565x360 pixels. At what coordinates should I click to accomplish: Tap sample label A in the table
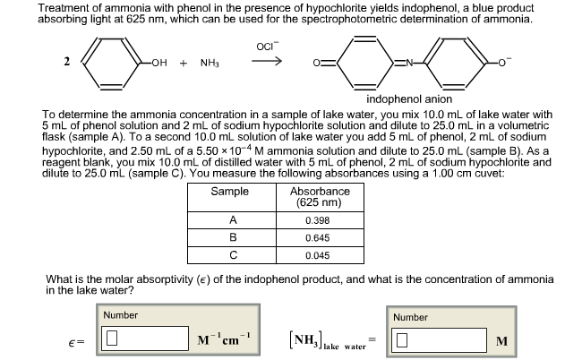coord(233,220)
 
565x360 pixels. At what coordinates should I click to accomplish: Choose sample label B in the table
coord(233,238)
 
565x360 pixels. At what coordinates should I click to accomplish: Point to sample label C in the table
coord(233,256)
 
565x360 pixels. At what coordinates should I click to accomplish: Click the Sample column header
coord(230,193)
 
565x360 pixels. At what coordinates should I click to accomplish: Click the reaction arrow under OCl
coord(271,63)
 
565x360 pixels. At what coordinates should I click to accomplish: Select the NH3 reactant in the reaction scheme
coord(210,64)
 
